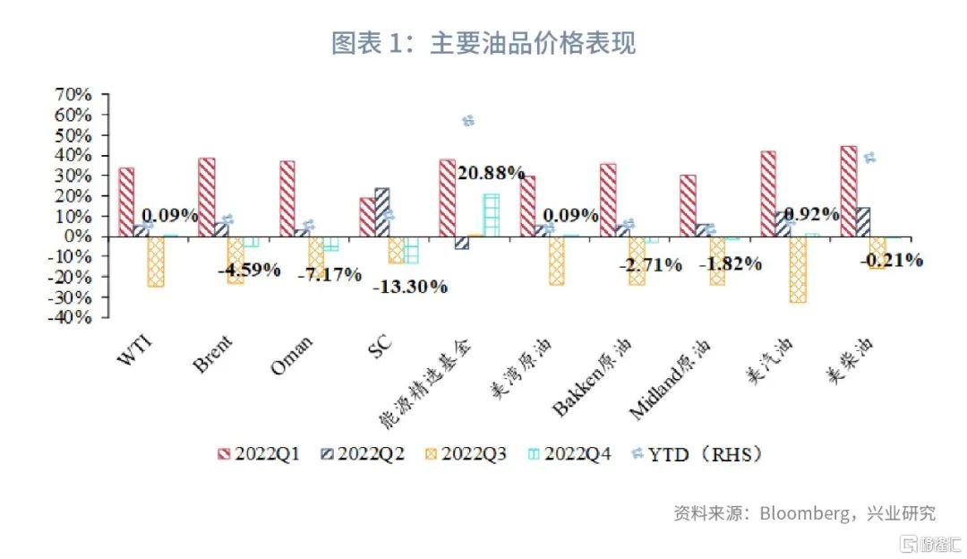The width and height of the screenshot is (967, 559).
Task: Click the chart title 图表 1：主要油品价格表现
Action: point(483,43)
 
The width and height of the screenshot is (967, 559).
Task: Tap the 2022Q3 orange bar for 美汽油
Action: point(798,269)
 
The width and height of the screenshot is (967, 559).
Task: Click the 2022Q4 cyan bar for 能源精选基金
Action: point(491,215)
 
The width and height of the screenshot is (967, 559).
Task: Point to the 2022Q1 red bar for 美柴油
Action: point(849,191)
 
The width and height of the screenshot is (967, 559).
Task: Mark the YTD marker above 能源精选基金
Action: point(467,121)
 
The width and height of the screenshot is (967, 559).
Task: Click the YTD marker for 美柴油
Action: point(869,158)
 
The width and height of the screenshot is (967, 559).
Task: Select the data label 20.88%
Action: point(491,173)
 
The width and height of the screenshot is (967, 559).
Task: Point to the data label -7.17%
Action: point(329,273)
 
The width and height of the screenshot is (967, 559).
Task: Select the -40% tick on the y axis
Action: point(74,317)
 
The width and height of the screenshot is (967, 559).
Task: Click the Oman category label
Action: point(291,356)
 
